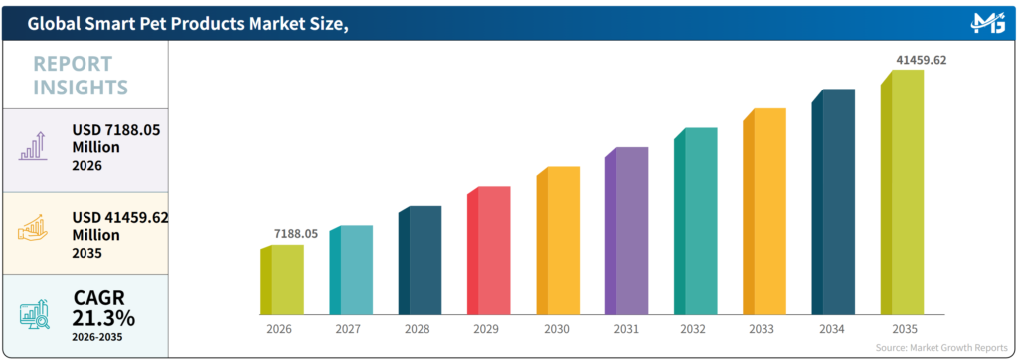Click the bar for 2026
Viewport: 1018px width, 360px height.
click(x=282, y=279)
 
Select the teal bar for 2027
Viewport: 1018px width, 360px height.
click(x=351, y=270)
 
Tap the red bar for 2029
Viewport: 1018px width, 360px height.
click(x=489, y=251)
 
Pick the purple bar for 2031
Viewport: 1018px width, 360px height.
click(x=626, y=231)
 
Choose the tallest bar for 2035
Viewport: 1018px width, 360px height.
click(x=902, y=192)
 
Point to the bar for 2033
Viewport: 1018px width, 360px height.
click(x=764, y=211)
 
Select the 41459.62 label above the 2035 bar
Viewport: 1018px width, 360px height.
click(x=922, y=60)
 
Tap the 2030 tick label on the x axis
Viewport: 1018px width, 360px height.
click(x=557, y=329)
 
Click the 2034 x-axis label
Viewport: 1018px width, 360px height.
click(x=832, y=329)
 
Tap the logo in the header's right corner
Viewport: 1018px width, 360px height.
click(x=987, y=23)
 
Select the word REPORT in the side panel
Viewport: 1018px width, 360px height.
click(x=73, y=64)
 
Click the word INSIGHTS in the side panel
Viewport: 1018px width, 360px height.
click(x=81, y=88)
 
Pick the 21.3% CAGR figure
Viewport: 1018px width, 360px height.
click(x=103, y=318)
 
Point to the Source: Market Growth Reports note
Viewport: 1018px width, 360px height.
click(x=941, y=348)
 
